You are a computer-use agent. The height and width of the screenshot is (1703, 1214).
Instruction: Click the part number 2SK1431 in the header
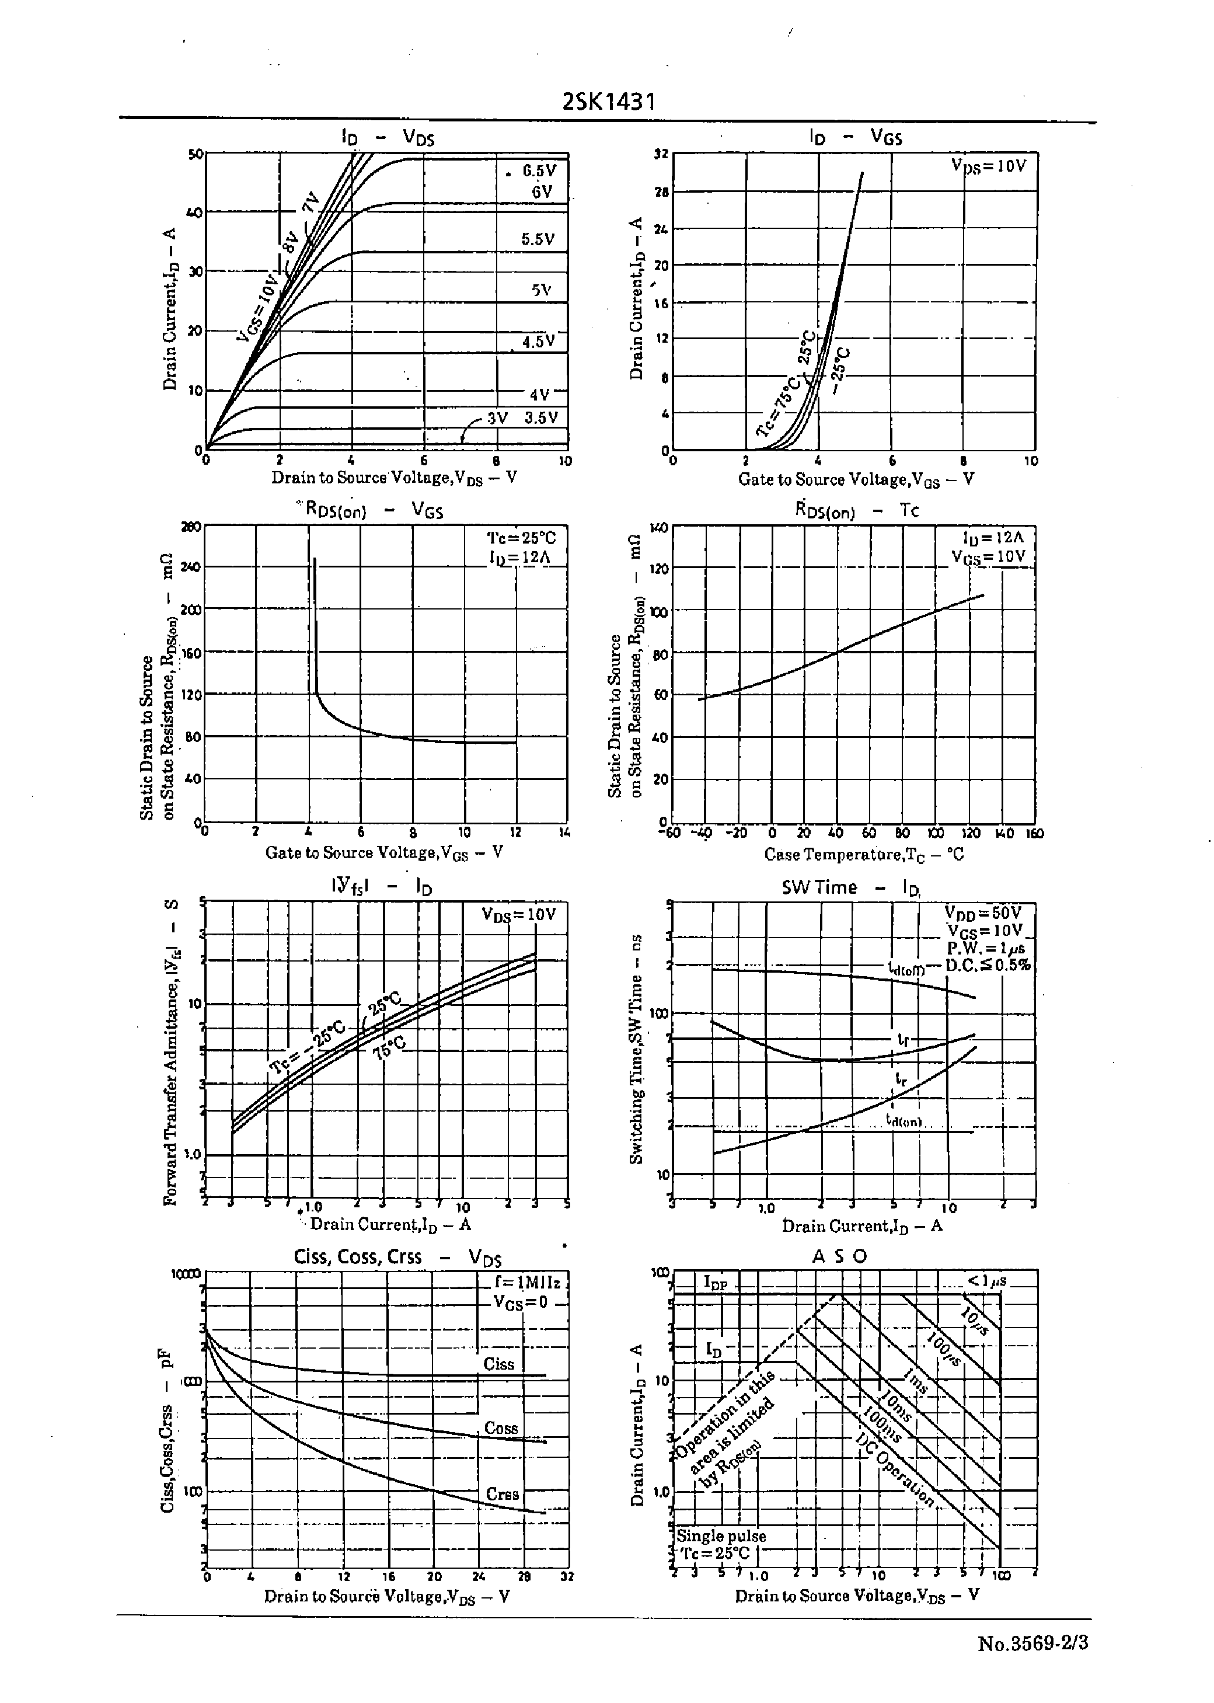coord(609,101)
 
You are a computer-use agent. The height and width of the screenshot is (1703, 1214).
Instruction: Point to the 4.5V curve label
coord(538,342)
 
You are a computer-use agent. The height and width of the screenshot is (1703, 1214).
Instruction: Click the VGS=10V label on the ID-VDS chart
coord(257,308)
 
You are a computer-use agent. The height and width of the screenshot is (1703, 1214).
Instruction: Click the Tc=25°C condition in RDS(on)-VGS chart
coord(522,538)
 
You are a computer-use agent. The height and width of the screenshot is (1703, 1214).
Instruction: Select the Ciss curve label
coord(498,1364)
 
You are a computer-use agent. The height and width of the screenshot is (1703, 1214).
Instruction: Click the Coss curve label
coord(501,1428)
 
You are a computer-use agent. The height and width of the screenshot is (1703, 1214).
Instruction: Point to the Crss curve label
coord(501,1493)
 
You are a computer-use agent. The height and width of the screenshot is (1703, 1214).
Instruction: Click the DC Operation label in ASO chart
coord(895,1468)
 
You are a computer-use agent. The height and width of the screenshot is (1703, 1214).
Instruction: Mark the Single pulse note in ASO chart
coord(721,1535)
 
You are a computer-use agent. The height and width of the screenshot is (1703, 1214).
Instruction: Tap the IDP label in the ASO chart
coord(716,1282)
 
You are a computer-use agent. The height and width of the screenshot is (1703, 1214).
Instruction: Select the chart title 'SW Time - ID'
coord(851,887)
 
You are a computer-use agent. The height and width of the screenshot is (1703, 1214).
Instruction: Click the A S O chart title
coord(839,1256)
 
